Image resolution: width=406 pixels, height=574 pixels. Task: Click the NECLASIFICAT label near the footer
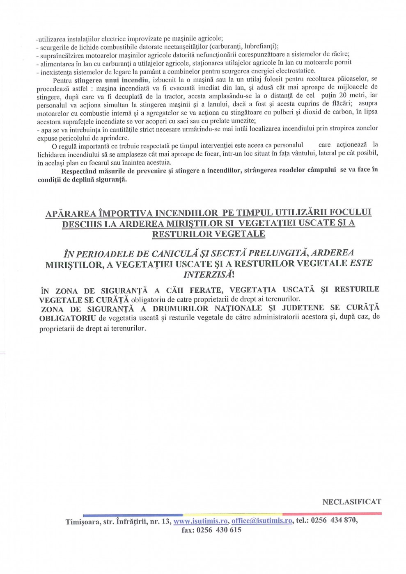[x=352, y=502]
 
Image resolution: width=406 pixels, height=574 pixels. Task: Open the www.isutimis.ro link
[x=200, y=521]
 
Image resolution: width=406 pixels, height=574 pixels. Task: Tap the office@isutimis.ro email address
[x=262, y=521]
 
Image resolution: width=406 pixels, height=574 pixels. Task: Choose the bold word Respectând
[x=80, y=170]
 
